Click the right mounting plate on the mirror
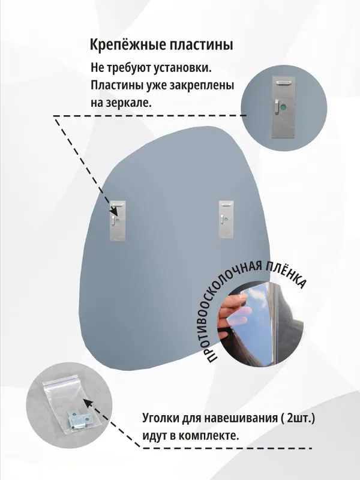(x=224, y=220)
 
